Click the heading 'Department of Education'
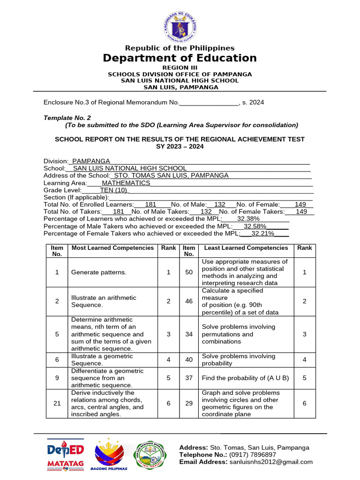180,58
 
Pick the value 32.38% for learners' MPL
248,219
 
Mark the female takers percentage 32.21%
263,233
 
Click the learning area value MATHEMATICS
126,183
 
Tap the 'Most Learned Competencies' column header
112,248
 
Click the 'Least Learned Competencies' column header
247,248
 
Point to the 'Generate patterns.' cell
98,272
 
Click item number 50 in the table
189,272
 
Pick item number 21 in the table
57,403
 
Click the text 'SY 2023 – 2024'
180,146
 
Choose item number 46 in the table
189,301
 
